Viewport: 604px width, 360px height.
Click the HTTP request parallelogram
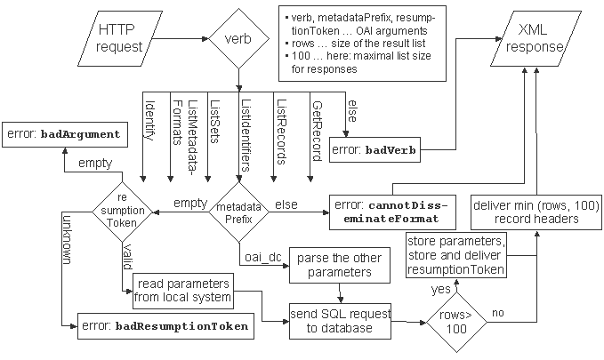tap(119, 38)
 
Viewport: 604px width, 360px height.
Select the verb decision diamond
tap(238, 38)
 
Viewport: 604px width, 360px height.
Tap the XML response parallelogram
tap(535, 38)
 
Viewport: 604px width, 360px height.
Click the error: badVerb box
tap(374, 149)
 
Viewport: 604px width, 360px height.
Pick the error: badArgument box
tap(65, 135)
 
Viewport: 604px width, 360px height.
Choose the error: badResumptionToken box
tap(165, 326)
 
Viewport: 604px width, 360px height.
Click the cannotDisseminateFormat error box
tap(392, 212)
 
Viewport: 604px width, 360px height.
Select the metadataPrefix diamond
tap(238, 212)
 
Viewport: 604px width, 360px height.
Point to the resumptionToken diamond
tap(122, 212)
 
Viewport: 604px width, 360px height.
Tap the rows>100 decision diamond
tap(456, 322)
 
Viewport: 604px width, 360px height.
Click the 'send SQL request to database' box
tap(340, 321)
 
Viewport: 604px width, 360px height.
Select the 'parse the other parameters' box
tap(340, 265)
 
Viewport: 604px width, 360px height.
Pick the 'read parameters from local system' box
tap(183, 291)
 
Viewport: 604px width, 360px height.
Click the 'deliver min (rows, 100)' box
tap(536, 212)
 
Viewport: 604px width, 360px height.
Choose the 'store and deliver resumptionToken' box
tap(456, 255)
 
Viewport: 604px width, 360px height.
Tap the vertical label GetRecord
tap(317, 131)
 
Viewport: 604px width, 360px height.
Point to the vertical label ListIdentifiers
tap(246, 135)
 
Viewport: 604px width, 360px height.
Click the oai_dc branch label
tap(263, 257)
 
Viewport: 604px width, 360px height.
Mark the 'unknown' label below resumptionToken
tap(67, 239)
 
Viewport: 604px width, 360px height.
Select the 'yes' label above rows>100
tap(441, 289)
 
